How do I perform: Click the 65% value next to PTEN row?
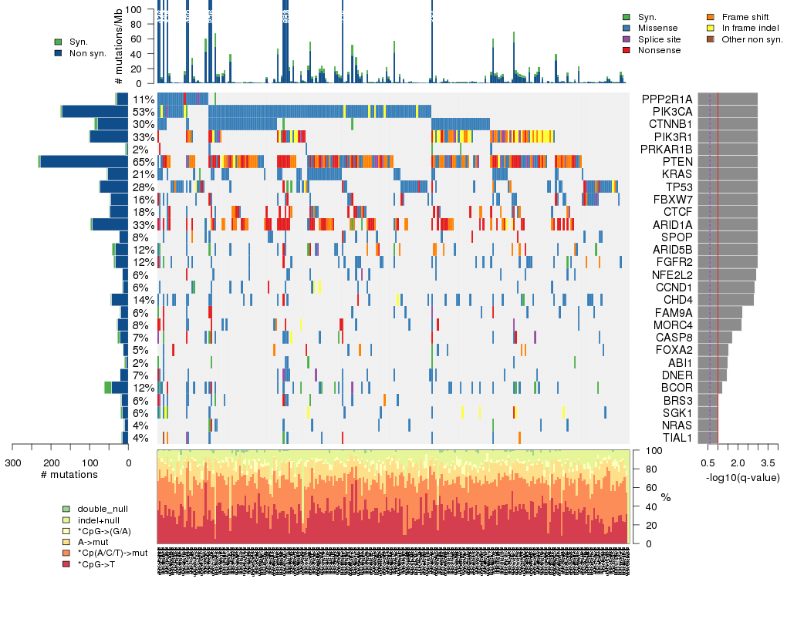click(143, 162)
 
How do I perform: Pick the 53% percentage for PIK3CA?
click(143, 112)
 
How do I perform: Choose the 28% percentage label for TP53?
click(143, 187)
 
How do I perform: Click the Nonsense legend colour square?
click(627, 50)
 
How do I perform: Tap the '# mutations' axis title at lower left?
click(69, 474)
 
